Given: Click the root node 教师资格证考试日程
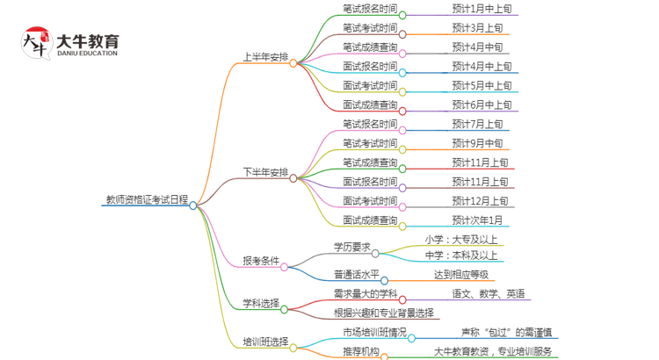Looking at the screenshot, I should click(x=144, y=200).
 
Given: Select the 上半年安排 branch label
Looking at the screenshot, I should click(x=265, y=62).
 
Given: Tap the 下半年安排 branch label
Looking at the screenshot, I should click(x=265, y=171).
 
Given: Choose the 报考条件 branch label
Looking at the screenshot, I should click(x=261, y=260).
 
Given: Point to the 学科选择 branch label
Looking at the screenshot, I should click(x=261, y=303).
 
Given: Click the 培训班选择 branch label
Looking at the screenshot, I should click(x=265, y=341).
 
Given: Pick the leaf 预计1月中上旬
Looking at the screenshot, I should click(x=482, y=8).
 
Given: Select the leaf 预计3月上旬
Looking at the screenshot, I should click(x=477, y=27).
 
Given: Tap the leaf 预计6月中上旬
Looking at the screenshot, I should click(x=482, y=104).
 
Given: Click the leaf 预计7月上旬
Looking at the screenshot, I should click(x=477, y=124).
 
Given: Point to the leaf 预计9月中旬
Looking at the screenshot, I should click(x=477, y=143).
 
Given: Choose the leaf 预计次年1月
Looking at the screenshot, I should click(x=477, y=220).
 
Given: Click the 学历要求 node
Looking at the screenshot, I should click(x=351, y=247).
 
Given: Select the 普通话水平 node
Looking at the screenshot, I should click(x=356, y=275).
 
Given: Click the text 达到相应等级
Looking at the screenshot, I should click(x=461, y=275).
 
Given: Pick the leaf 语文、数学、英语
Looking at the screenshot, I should click(x=489, y=293).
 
